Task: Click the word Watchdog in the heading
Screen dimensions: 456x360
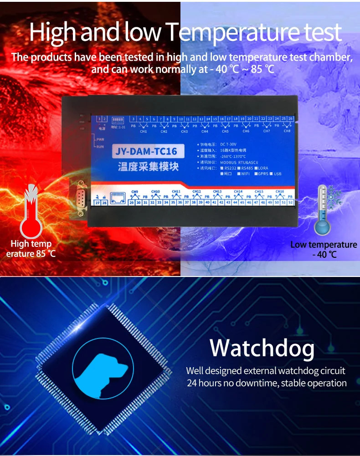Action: click(262, 348)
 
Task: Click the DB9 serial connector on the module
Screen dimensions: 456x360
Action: click(80, 198)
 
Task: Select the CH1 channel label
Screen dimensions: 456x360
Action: click(144, 131)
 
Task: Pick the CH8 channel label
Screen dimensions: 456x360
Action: click(287, 131)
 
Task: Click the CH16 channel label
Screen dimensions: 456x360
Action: click(280, 191)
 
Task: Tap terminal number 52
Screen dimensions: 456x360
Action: click(290, 202)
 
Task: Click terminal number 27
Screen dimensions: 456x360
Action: click(98, 203)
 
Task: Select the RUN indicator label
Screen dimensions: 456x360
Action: click(101, 147)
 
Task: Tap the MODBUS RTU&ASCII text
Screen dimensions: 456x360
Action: click(240, 162)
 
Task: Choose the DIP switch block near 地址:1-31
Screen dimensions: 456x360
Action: click(118, 120)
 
